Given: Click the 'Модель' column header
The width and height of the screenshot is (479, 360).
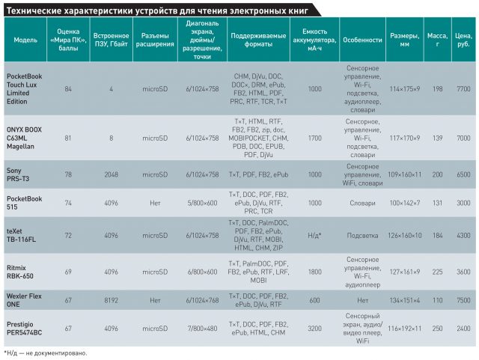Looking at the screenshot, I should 25,39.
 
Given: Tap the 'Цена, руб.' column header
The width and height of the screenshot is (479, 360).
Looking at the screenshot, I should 463,39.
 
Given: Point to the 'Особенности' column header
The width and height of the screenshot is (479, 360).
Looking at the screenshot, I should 362,39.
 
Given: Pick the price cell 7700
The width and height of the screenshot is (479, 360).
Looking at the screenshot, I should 463,89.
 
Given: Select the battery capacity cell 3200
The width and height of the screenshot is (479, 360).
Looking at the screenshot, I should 315,328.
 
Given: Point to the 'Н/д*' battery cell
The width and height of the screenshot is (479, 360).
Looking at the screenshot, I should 315,234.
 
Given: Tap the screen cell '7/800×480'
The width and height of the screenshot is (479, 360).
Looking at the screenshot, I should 201,328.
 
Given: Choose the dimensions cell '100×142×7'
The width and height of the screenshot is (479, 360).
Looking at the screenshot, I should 406,203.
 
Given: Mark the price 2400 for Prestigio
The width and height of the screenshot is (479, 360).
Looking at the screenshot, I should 463,328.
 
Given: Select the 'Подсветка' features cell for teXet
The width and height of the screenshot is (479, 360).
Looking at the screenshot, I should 362,234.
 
